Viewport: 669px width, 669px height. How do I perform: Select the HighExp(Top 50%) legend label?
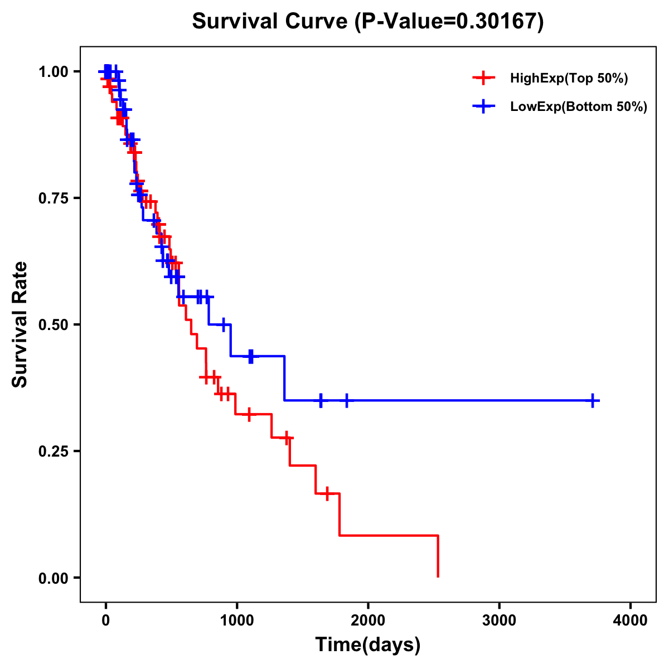[569, 79]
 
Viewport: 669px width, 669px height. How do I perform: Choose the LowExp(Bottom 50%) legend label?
[578, 107]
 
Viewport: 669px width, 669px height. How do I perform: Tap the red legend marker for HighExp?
[483, 78]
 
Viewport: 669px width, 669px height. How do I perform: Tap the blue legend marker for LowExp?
[483, 106]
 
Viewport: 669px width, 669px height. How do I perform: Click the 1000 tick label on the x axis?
[236, 620]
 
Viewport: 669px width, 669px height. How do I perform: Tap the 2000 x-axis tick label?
[368, 620]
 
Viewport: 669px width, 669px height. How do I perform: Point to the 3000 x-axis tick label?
[499, 620]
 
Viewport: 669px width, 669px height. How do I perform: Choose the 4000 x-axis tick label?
[631, 620]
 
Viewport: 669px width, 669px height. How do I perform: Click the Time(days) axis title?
[368, 645]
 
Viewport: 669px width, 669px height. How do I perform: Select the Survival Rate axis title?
[20, 324]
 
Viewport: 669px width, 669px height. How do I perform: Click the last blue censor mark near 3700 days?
[593, 400]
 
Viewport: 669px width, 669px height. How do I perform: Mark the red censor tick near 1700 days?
[327, 493]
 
